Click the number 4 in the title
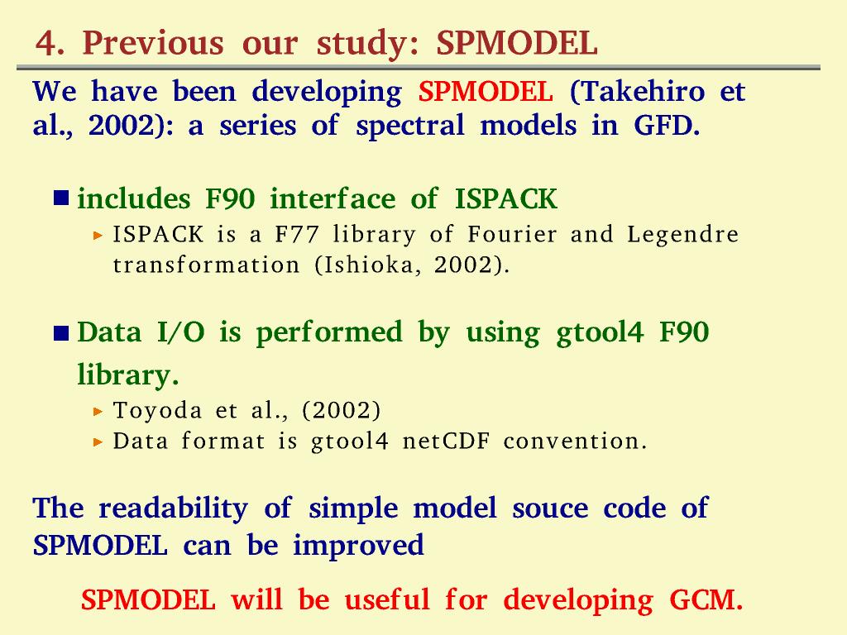click(x=45, y=43)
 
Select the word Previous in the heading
click(x=153, y=43)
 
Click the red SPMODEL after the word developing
click(x=486, y=91)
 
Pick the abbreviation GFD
click(x=667, y=126)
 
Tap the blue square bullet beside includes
click(x=61, y=198)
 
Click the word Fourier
click(x=512, y=235)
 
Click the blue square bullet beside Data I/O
click(x=61, y=334)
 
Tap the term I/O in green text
click(x=181, y=332)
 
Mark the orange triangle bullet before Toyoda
click(x=98, y=412)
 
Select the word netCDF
click(x=446, y=442)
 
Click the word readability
click(x=173, y=509)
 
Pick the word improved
click(x=359, y=546)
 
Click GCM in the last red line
click(x=706, y=600)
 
